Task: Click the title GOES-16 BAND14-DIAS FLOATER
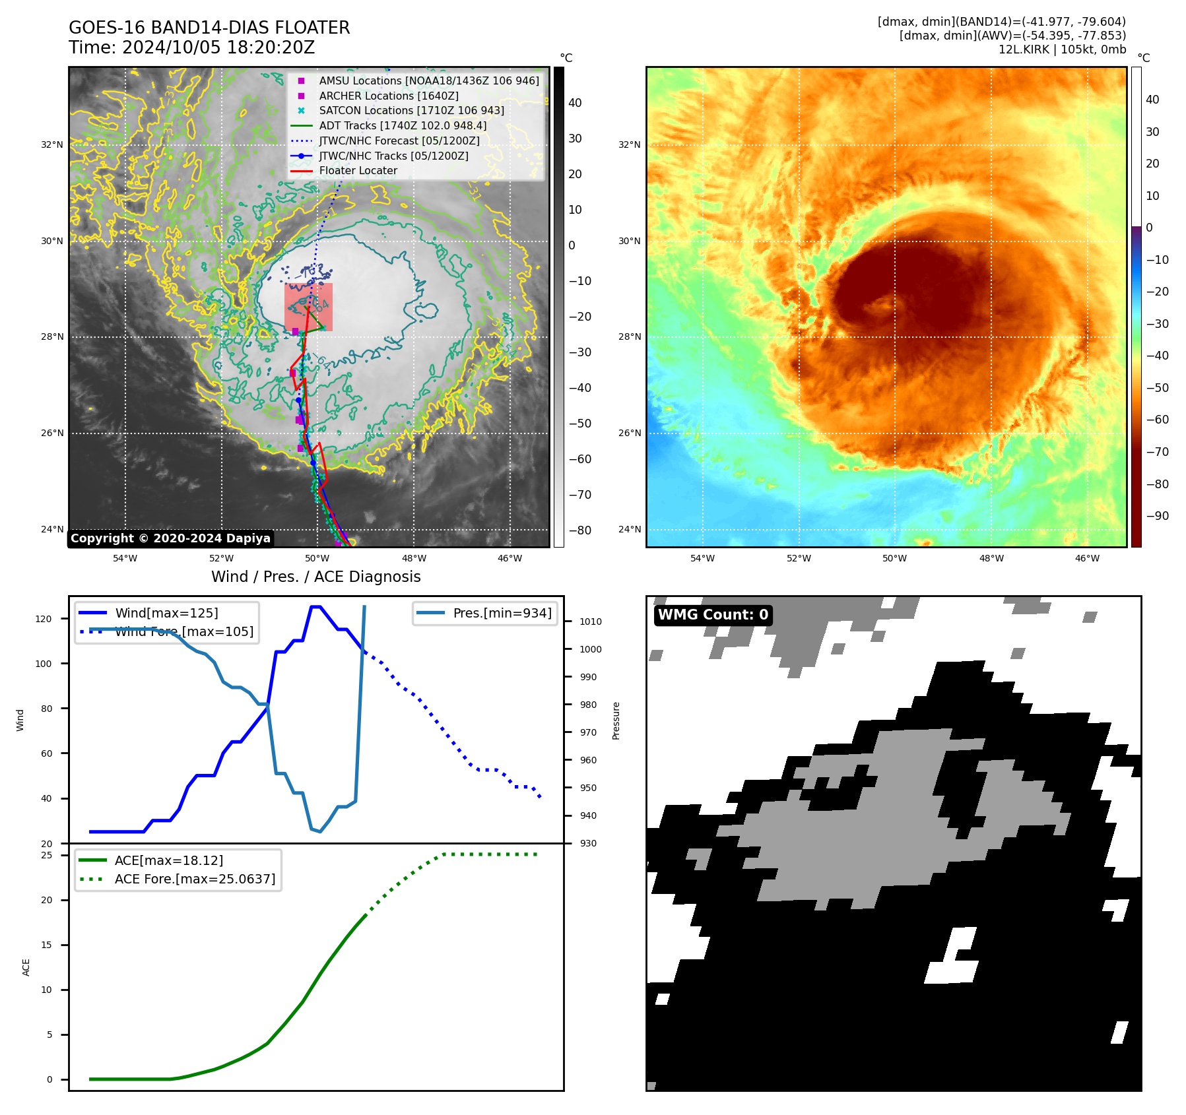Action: coord(209,28)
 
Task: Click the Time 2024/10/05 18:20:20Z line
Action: coord(191,48)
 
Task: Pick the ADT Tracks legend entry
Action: coord(403,125)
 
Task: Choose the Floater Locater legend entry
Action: coord(358,170)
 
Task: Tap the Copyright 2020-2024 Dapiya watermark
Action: coord(170,538)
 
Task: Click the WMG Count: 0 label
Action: coord(713,615)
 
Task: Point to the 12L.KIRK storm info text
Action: coord(1062,49)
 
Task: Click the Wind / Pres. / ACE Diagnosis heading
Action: coord(315,577)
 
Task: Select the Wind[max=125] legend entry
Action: coord(166,613)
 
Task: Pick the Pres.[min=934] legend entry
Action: coord(502,613)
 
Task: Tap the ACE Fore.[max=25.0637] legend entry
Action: coord(195,879)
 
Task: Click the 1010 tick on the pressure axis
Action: coord(590,621)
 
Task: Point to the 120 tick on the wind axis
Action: coord(44,619)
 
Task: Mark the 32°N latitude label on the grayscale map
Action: coord(52,144)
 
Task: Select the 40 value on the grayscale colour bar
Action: coord(575,103)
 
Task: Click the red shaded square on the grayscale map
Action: coord(308,307)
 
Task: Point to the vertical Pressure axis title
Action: coord(616,720)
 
